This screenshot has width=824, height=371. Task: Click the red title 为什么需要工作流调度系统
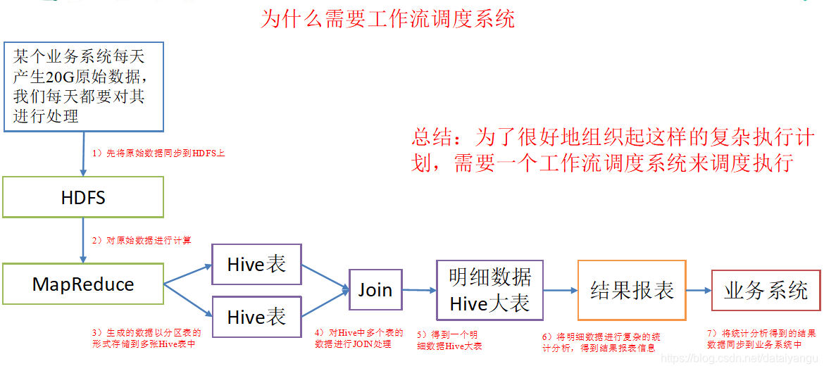387,18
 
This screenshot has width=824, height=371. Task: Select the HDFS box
83,197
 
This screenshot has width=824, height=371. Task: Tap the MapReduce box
83,284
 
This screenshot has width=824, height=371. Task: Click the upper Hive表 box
256,264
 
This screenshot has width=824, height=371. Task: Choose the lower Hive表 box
256,317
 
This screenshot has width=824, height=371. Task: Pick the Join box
375,289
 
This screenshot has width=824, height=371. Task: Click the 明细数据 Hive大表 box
489,289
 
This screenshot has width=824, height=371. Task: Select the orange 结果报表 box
632,290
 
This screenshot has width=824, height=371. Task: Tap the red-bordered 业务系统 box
766,290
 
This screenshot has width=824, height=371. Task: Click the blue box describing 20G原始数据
84,87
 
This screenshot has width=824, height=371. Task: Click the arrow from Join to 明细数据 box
419,289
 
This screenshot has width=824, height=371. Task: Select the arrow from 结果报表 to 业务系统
699,290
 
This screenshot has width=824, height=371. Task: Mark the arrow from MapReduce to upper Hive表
188,275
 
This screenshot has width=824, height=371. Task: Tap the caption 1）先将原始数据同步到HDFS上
158,153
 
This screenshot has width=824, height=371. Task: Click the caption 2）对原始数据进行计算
142,241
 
